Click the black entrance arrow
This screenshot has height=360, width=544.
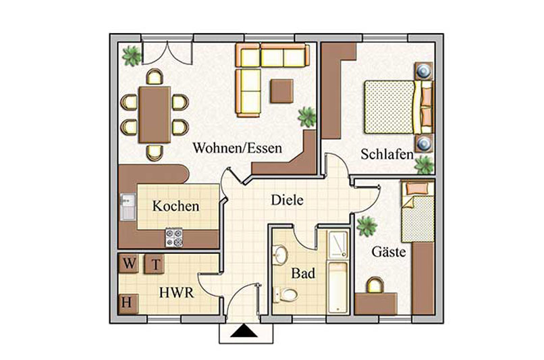244,331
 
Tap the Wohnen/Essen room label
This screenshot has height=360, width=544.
238,148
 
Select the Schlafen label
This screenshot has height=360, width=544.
387,154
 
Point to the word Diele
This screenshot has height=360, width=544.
287,200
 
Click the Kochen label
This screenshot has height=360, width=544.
176,206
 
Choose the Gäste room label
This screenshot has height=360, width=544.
389,251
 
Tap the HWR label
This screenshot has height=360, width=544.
176,292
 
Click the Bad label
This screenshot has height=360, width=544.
303,274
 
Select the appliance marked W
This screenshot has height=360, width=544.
129,263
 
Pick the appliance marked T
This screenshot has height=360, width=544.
155,264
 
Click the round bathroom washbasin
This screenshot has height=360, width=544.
280,255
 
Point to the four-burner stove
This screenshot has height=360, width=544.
174,238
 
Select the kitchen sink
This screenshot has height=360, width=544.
128,207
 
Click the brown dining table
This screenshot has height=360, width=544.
155,115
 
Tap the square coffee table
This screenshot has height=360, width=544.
281,91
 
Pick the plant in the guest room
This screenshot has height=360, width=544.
366,226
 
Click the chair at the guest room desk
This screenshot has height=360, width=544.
375,285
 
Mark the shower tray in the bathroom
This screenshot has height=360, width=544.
338,245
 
